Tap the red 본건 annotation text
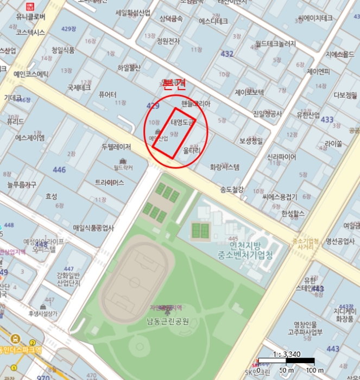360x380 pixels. pyautogui.click(x=175, y=84)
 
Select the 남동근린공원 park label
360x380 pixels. pyautogui.click(x=167, y=321)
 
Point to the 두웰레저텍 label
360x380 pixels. pyautogui.click(x=116, y=147)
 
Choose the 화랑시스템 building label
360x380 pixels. pyautogui.click(x=225, y=167)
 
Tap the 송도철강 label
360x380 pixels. pyautogui.click(x=232, y=189)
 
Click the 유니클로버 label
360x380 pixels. pyautogui.click(x=30, y=17)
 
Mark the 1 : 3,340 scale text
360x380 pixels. pyautogui.click(x=286, y=354)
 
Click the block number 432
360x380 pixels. pyautogui.click(x=227, y=54)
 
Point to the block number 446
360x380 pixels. pyautogui.click(x=59, y=170)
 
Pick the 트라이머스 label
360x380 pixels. pyautogui.click(x=110, y=182)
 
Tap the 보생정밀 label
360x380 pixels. pyautogui.click(x=251, y=141)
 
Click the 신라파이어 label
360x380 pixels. pyautogui.click(x=281, y=157)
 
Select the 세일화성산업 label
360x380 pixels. pyautogui.click(x=132, y=12)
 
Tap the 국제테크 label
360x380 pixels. pyautogui.click(x=79, y=87)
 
